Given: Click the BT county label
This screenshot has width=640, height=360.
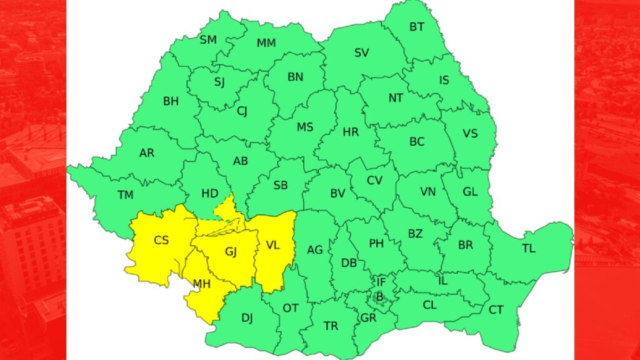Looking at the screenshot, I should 416,27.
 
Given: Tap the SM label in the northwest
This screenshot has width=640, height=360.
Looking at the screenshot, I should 208,40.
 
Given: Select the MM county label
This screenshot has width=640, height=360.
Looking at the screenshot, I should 266,44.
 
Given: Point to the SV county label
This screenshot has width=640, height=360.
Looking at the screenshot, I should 362,53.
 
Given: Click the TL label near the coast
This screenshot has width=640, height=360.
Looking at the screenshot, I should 529,249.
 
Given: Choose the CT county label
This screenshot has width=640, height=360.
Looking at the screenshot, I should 496,310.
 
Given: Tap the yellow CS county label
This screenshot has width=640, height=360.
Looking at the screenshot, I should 161,239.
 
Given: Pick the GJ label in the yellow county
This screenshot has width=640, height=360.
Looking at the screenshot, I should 231,252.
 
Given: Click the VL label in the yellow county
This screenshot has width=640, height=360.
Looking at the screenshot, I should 272,245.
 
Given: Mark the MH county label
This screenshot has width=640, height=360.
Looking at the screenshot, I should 201,284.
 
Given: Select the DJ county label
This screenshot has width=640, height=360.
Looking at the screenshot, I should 247,318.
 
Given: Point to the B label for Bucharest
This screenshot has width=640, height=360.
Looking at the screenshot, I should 379,296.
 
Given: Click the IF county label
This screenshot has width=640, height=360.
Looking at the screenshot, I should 381,282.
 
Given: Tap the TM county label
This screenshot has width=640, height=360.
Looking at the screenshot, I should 126,196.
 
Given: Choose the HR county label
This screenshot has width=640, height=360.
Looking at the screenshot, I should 351,132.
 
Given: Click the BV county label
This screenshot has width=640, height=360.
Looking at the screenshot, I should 337,194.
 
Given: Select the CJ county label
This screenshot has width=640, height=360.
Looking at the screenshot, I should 242,112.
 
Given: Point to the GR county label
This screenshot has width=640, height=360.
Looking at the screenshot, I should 367,317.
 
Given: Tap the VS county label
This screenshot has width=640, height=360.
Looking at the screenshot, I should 470,134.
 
